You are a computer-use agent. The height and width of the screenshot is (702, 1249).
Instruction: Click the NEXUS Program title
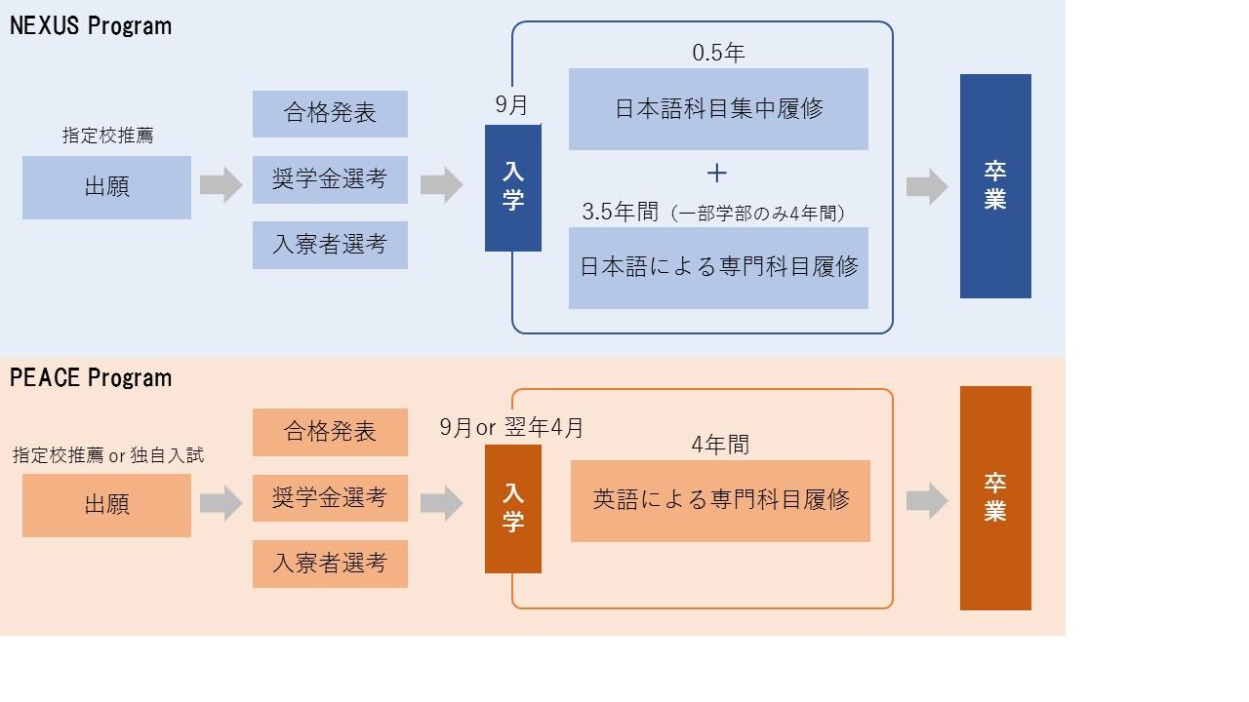pyautogui.click(x=91, y=26)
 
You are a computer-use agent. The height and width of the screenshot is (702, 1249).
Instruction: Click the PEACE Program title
pyautogui.click(x=91, y=377)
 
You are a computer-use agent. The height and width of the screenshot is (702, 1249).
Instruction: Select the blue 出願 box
pyautogui.click(x=106, y=187)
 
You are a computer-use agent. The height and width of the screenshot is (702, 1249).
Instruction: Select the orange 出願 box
pyautogui.click(x=106, y=505)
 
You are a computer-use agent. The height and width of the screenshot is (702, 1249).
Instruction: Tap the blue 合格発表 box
pyautogui.click(x=330, y=114)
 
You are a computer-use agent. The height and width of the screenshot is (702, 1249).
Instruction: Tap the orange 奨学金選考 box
pyautogui.click(x=330, y=498)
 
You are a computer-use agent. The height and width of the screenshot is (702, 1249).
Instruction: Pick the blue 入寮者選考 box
pyautogui.click(x=330, y=245)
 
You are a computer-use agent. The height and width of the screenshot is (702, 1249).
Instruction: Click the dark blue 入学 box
pyautogui.click(x=512, y=187)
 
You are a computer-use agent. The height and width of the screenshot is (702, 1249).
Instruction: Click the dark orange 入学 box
pyautogui.click(x=512, y=509)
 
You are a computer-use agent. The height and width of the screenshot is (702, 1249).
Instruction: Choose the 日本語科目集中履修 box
pyautogui.click(x=718, y=109)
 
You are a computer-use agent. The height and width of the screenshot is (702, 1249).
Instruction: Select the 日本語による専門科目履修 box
pyautogui.click(x=718, y=268)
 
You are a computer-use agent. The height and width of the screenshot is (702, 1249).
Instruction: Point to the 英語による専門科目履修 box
pyautogui.click(x=720, y=501)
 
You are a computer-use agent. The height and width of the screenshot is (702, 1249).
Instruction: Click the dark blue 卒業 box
pyautogui.click(x=995, y=186)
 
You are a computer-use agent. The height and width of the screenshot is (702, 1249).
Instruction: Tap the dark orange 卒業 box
pyautogui.click(x=995, y=498)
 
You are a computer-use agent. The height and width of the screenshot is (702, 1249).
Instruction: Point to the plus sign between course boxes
pyautogui.click(x=717, y=174)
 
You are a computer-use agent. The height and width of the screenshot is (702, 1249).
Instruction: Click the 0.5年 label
pyautogui.click(x=718, y=54)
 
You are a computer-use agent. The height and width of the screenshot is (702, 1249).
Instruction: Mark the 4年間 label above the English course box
pyautogui.click(x=720, y=446)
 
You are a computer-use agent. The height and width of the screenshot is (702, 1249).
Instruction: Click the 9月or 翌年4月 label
pyautogui.click(x=511, y=428)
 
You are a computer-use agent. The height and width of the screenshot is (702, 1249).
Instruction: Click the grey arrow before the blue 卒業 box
pyautogui.click(x=926, y=186)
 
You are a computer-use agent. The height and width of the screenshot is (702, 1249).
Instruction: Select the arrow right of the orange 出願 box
pyautogui.click(x=221, y=503)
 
